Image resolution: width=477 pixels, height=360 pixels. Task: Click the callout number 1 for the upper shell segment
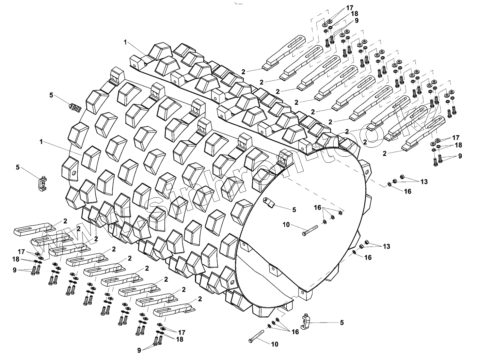[x=125, y=42]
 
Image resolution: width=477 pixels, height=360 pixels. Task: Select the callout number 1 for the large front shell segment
[x=41, y=142]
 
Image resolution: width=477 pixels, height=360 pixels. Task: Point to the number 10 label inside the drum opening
[x=286, y=225]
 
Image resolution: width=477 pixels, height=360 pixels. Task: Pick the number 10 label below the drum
[x=274, y=344]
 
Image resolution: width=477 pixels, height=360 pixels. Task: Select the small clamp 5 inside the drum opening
[x=270, y=203]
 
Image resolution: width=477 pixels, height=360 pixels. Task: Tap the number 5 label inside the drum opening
[x=294, y=210]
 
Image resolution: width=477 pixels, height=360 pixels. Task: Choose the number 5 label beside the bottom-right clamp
[x=342, y=323]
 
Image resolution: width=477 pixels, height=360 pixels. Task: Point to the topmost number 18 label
[x=354, y=14]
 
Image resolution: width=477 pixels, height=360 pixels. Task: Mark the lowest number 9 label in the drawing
[x=139, y=350]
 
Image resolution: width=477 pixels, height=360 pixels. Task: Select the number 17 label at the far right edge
[x=456, y=138]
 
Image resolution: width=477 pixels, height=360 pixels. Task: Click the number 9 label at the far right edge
[x=460, y=156]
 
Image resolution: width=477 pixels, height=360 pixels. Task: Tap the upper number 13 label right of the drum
[x=424, y=182]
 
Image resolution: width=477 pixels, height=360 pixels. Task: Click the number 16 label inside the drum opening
[x=317, y=208]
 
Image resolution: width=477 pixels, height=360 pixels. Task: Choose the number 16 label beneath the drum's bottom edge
[x=295, y=331]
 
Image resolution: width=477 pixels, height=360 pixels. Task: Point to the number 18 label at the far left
[x=16, y=260]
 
